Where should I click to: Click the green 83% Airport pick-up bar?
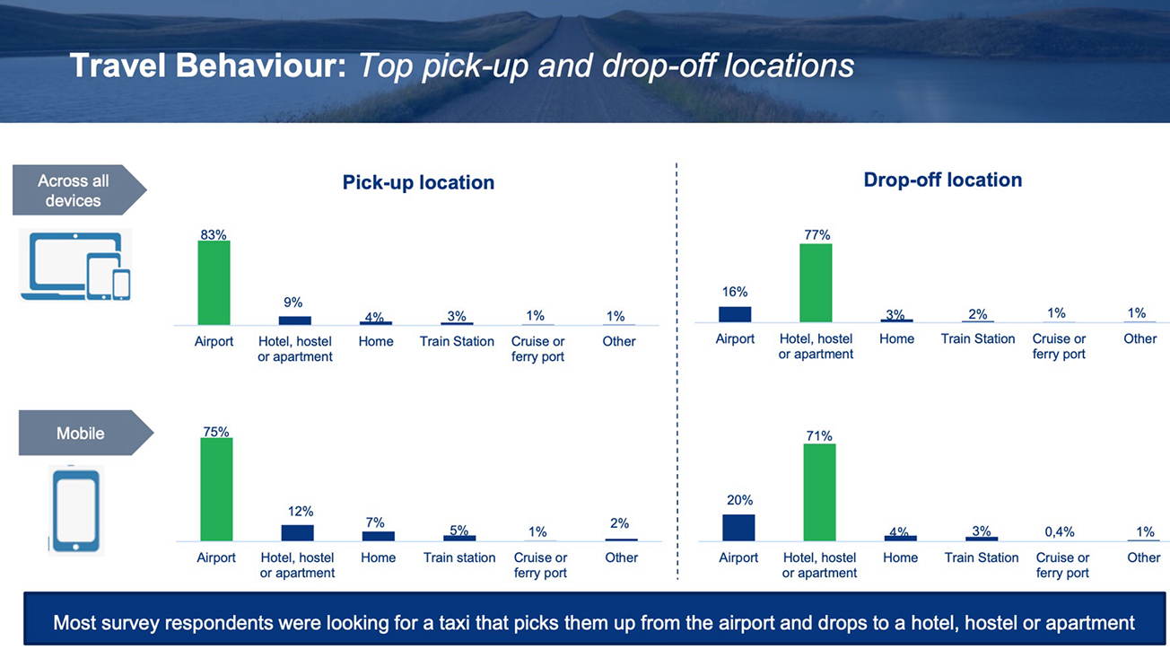pyautogui.click(x=214, y=283)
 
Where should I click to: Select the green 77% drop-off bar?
pyautogui.click(x=816, y=283)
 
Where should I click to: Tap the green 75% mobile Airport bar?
pyautogui.click(x=216, y=489)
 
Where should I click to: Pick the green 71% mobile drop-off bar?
pyautogui.click(x=819, y=492)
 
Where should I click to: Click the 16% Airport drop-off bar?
pyautogui.click(x=735, y=314)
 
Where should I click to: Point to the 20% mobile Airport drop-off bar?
pyautogui.click(x=738, y=527)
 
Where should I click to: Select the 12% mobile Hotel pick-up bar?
pyautogui.click(x=298, y=532)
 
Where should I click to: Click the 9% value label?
pyautogui.click(x=293, y=303)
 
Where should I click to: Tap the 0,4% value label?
pyautogui.click(x=1060, y=531)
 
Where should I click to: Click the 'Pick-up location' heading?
pyautogui.click(x=418, y=182)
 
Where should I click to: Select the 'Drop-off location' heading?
pyautogui.click(x=943, y=180)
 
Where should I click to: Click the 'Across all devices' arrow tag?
pyautogui.click(x=79, y=189)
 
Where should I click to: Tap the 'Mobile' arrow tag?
pyautogui.click(x=86, y=433)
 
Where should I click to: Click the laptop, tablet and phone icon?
pyautogui.click(x=75, y=265)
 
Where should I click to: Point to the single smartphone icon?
pyautogui.click(x=76, y=511)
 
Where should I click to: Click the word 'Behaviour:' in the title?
pyautogui.click(x=260, y=66)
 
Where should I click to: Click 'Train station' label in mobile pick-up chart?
pyautogui.click(x=459, y=557)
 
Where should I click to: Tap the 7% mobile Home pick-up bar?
pyautogui.click(x=379, y=536)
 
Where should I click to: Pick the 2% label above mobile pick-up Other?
pyautogui.click(x=619, y=523)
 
